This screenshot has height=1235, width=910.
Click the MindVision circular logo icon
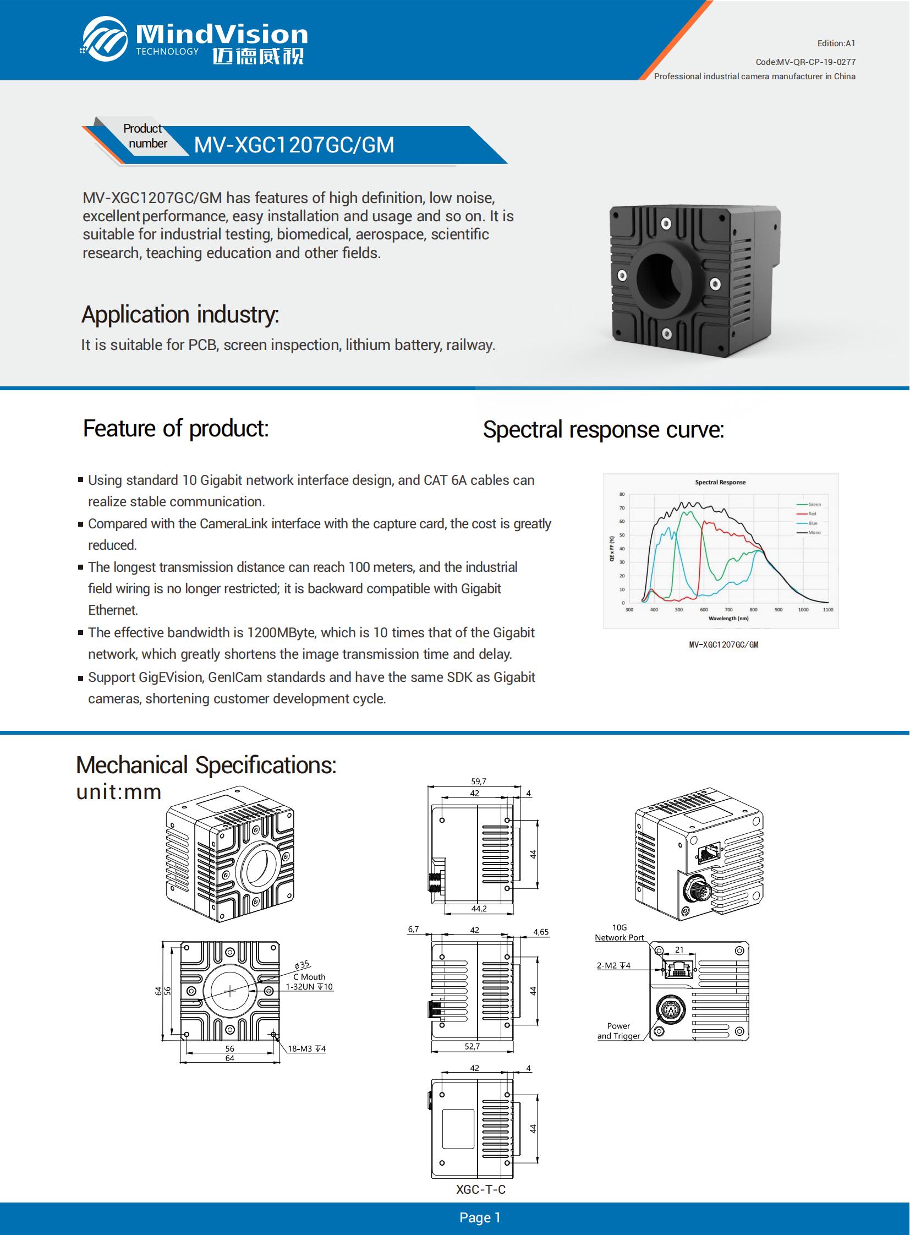coord(105,39)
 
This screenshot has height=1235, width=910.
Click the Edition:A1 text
coord(836,43)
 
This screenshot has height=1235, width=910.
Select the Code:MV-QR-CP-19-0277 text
coord(805,62)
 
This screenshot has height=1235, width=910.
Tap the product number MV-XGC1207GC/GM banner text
coord(294,145)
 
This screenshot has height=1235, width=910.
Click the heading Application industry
coord(180,315)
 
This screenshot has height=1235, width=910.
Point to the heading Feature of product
coord(176,428)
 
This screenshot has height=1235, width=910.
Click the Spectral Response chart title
coord(720,482)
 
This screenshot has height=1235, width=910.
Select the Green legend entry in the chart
coord(814,504)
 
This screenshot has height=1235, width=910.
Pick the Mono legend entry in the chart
coord(814,532)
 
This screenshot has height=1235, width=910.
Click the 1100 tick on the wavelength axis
coord(827,609)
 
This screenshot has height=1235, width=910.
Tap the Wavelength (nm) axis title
coord(728,619)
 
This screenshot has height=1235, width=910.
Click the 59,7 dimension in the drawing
coord(478,782)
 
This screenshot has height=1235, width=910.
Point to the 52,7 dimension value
coord(472,1046)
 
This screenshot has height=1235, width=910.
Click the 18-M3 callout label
coord(306,1049)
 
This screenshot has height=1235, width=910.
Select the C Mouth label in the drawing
coord(309,976)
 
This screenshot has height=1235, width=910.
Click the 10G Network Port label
coord(619,932)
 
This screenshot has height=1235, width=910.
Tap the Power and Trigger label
coord(618,1031)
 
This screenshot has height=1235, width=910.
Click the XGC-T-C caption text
coord(480,1189)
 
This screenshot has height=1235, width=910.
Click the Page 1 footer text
coord(480,1217)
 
